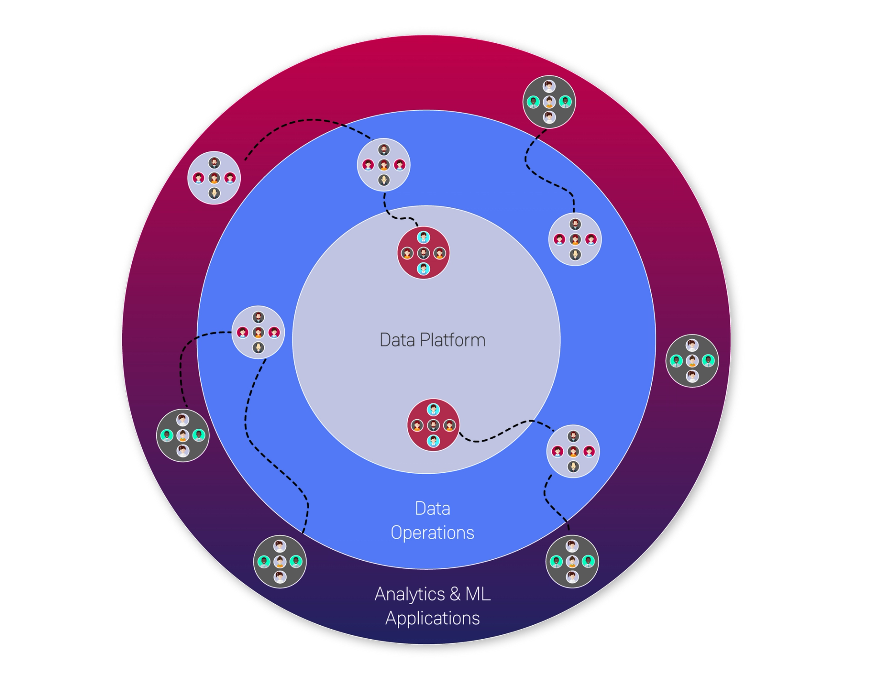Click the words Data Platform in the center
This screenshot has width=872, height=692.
click(x=432, y=340)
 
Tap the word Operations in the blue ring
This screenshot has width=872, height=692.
click(x=432, y=532)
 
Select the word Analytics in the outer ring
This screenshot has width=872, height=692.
click(x=410, y=594)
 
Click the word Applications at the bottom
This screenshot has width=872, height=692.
click(x=432, y=618)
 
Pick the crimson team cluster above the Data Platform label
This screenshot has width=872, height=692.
click(x=423, y=253)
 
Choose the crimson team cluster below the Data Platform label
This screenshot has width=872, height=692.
click(x=433, y=425)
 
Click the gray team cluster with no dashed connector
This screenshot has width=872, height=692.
click(x=692, y=361)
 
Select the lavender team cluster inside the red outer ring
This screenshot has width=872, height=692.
click(x=214, y=178)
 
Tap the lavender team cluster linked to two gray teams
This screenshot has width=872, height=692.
click(x=258, y=332)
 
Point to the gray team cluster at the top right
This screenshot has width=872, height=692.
click(x=549, y=102)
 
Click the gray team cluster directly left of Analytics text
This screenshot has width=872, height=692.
click(x=280, y=562)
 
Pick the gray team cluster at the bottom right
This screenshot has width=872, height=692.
click(x=572, y=562)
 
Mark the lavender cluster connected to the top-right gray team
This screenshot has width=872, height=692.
click(x=575, y=239)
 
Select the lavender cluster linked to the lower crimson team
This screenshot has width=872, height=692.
click(x=573, y=451)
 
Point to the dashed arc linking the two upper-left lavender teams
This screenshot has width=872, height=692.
click(x=309, y=120)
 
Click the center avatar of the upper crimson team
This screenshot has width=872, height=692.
click(x=423, y=253)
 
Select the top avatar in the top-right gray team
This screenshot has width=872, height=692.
click(x=549, y=86)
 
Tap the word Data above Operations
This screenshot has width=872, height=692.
click(x=432, y=508)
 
